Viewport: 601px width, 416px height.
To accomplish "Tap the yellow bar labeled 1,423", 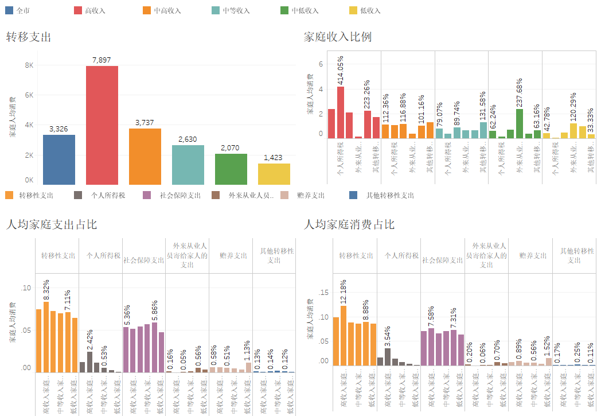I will [274, 174].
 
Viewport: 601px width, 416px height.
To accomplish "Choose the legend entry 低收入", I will [370, 10].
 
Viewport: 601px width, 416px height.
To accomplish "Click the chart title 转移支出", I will [29, 37].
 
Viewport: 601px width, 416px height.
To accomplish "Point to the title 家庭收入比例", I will [337, 37].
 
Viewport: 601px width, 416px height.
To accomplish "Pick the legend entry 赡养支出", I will [311, 196].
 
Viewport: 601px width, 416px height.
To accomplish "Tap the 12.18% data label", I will [344, 291].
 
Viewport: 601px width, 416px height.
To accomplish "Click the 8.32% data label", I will [46, 289].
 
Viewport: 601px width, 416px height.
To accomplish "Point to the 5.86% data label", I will [155, 310].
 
